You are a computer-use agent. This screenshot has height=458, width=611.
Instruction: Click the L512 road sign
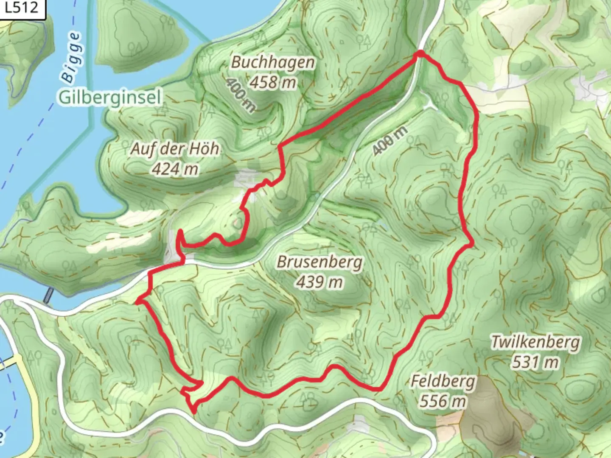pos(22,8)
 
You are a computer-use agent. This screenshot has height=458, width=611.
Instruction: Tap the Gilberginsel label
pos(110,98)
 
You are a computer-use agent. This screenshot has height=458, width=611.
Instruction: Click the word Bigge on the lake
pos(70,57)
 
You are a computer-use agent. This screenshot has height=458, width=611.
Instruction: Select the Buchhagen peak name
pos(273,62)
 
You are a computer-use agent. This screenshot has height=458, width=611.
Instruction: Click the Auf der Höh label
pos(175,149)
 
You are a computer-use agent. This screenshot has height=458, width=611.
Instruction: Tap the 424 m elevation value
pos(175,169)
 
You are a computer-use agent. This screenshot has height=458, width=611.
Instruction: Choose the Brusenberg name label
pos(320,262)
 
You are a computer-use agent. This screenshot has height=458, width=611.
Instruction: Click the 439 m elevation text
pos(320,282)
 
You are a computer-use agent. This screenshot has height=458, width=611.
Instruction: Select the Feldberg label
pos(443,381)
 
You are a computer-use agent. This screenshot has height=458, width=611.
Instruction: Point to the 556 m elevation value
pos(443,401)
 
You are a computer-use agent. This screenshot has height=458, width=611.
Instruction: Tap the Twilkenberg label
pos(535,341)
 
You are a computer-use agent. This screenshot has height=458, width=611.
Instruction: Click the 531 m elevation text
pos(535,362)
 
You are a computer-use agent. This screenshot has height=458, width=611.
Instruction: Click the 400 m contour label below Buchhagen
pos(241,96)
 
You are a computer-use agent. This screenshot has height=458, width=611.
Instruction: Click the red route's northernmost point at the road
pos(420,53)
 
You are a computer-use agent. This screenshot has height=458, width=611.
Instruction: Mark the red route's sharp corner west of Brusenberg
pos(138,302)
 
